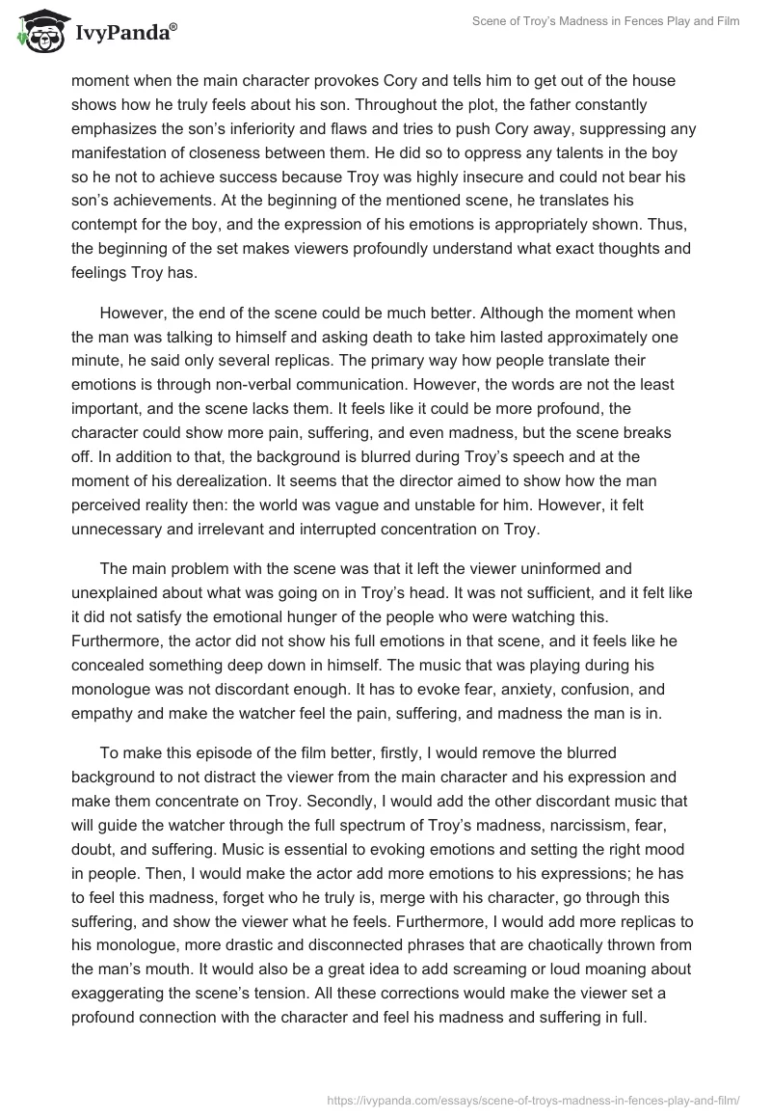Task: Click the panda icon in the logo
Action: click(40, 32)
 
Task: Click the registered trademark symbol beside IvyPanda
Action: click(173, 26)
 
